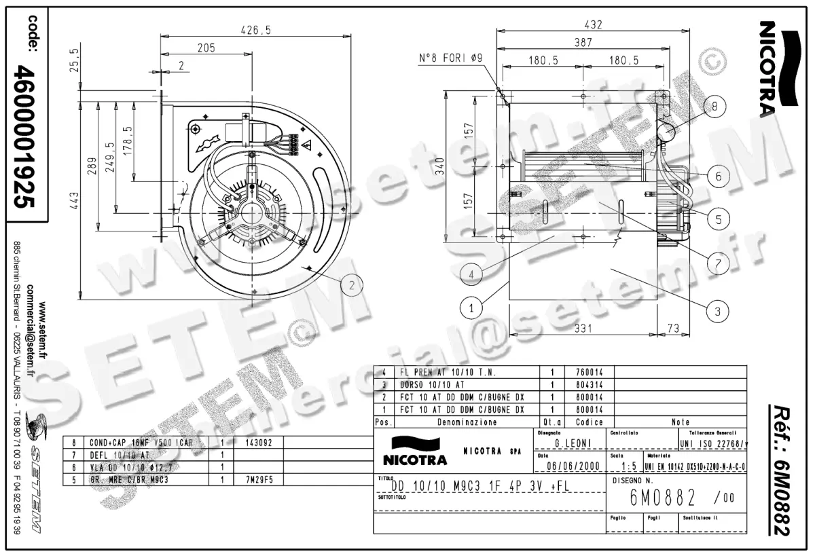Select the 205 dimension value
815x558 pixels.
[206, 48]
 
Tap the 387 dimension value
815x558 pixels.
[583, 42]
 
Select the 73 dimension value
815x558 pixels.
[673, 329]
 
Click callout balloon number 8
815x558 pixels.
[714, 107]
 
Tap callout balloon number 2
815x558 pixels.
[351, 286]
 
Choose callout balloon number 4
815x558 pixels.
[470, 274]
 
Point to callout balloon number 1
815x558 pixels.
[470, 308]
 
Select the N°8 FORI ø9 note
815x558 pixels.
[450, 59]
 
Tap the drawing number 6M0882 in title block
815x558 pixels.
[663, 499]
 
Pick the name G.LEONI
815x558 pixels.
[568, 443]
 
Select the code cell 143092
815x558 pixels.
[257, 442]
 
